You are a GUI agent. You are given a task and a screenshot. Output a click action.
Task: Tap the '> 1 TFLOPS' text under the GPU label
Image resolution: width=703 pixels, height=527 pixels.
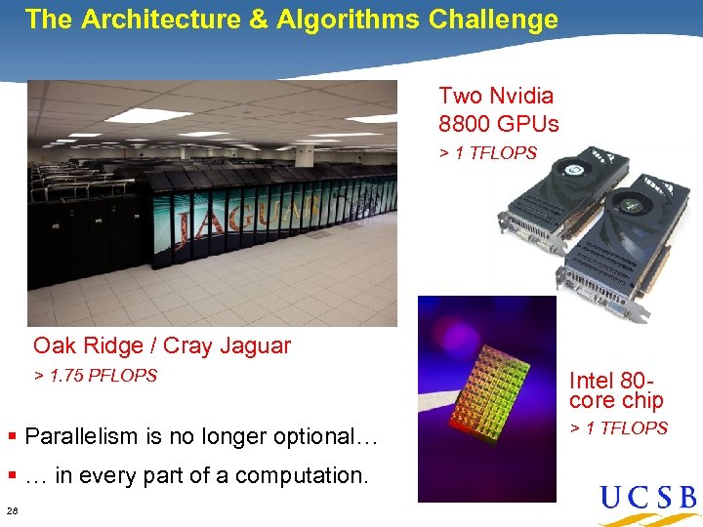pyautogui.click(x=487, y=153)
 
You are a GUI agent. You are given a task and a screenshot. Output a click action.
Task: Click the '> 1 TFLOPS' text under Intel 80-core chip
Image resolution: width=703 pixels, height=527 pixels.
pyautogui.click(x=618, y=428)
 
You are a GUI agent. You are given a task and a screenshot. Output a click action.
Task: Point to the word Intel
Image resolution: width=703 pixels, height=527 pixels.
pyautogui.click(x=592, y=381)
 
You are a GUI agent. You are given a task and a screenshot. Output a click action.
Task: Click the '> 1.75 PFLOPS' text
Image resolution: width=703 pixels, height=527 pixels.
pyautogui.click(x=96, y=376)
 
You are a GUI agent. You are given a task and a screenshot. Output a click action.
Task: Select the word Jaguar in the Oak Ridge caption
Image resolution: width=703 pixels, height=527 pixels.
pyautogui.click(x=254, y=345)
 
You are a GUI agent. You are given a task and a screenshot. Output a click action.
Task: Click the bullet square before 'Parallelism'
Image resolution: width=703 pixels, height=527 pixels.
pyautogui.click(x=12, y=435)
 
